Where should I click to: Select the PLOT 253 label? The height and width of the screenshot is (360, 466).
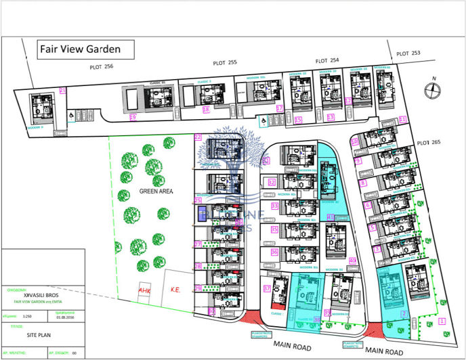(x=408, y=53)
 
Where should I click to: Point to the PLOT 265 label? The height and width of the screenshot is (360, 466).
(x=429, y=143)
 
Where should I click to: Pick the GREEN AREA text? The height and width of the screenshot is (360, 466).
(x=156, y=192)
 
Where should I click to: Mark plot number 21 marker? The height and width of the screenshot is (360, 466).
(x=62, y=90)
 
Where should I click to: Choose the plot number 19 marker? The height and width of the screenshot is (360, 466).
(x=133, y=117)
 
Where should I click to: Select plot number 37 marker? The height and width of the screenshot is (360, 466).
(x=267, y=288)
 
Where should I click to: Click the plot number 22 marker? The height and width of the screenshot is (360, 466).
(x=198, y=137)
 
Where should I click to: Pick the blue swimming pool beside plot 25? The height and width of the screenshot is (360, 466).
(x=203, y=215)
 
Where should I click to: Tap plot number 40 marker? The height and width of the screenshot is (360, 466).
(x=353, y=261)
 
